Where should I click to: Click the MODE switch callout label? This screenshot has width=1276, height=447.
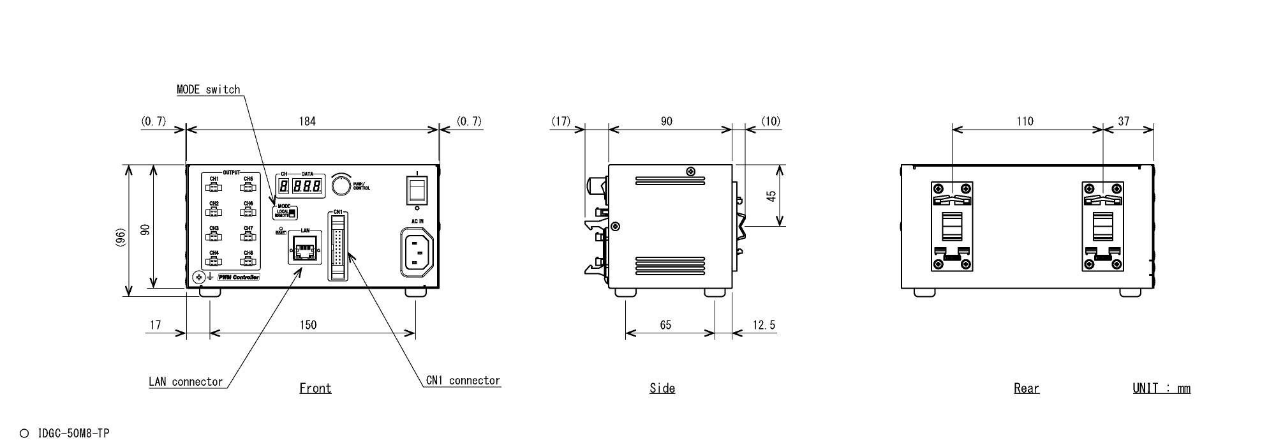click(208, 89)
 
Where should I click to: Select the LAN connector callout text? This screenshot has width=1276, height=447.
click(186, 382)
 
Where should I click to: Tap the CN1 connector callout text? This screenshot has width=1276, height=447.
click(463, 381)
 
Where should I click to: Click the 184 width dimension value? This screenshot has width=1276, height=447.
click(308, 121)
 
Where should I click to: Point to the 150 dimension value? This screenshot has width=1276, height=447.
click(308, 325)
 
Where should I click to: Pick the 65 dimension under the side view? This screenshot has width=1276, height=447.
click(665, 325)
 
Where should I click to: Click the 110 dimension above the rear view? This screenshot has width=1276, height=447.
click(1025, 121)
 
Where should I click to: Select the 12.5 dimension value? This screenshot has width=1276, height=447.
click(764, 325)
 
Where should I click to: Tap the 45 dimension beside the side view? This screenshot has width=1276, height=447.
click(771, 195)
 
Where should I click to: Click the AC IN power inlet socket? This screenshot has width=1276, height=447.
click(417, 252)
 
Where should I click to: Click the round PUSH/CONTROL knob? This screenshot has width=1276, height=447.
click(342, 185)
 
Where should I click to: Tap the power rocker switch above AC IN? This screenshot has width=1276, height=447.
click(417, 190)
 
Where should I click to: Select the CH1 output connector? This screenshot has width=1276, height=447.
click(214, 187)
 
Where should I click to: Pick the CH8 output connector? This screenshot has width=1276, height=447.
click(248, 261)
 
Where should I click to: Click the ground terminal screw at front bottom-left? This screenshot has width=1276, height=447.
click(198, 277)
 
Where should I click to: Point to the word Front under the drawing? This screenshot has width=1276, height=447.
click(315, 388)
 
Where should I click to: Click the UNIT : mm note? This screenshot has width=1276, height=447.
click(1161, 388)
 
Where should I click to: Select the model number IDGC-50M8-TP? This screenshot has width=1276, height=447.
click(73, 434)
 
